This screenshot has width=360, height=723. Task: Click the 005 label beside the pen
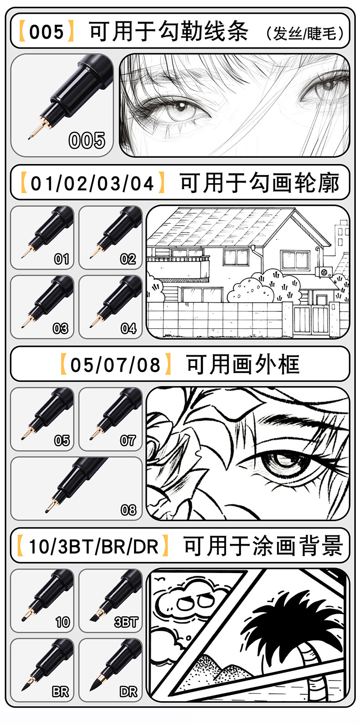[87, 140]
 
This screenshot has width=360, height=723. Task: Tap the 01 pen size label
[62, 259]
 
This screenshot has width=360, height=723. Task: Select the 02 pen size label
[128, 259]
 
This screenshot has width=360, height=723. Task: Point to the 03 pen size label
[61, 328]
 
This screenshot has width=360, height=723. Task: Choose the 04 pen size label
[128, 328]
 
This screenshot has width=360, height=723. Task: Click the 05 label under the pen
[62, 440]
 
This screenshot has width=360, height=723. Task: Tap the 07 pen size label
[128, 440]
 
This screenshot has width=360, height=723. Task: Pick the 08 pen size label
[128, 510]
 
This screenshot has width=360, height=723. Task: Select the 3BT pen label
[126, 622]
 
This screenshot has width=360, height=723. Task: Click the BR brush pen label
[60, 692]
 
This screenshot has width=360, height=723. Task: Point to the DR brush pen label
[128, 692]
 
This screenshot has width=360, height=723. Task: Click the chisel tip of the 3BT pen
[93, 618]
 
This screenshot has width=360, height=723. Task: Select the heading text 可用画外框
[243, 365]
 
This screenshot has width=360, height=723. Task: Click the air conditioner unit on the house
[324, 272]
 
